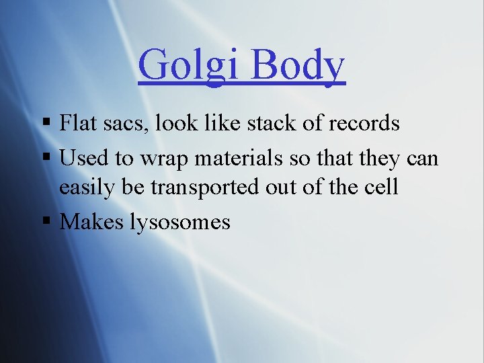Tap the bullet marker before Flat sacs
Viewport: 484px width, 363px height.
(46, 124)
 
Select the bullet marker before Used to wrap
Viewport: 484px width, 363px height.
(46, 159)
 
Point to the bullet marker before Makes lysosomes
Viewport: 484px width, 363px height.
(46, 222)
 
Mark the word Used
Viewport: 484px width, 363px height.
(80, 159)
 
